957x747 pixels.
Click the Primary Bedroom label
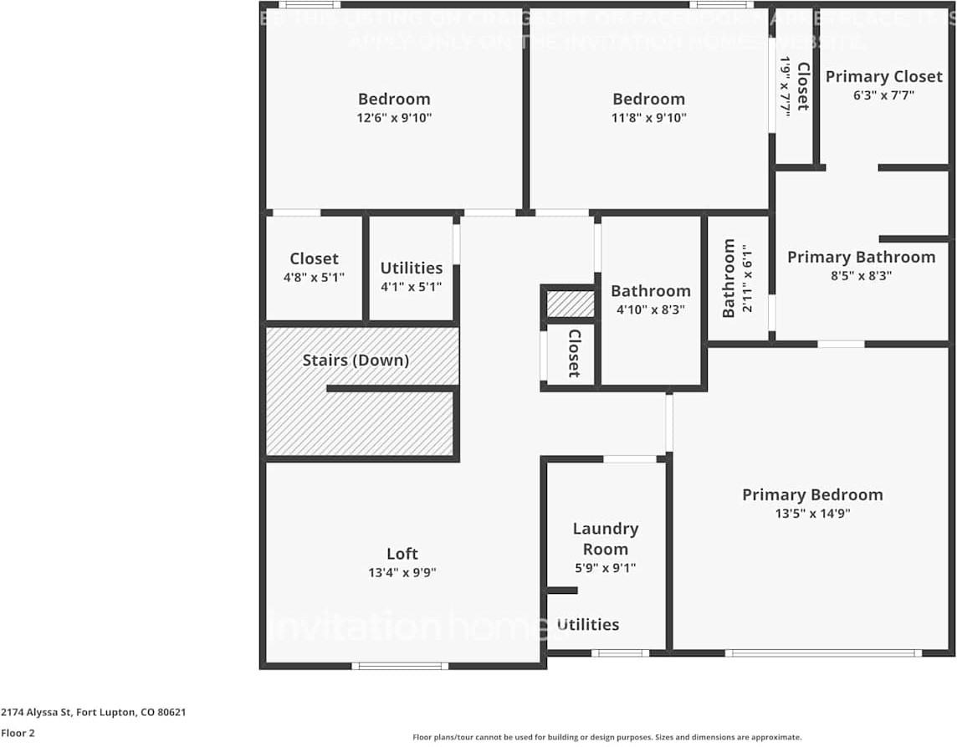pos(811,494)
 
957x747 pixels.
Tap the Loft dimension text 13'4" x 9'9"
pos(402,573)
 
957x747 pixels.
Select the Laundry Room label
pos(605,539)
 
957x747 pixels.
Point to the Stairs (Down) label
pos(356,361)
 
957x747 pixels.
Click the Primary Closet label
pos(883,76)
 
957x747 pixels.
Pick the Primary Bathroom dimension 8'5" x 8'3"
pos(859,275)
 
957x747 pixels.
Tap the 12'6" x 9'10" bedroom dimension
pos(394,118)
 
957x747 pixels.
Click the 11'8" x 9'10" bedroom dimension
pos(648,118)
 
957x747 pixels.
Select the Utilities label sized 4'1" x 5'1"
pos(411,268)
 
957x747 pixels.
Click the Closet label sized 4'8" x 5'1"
pos(314,258)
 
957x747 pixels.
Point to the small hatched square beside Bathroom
pos(570,304)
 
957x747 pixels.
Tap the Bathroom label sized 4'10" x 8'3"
pos(650,291)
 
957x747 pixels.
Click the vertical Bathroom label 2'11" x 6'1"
pos(729,278)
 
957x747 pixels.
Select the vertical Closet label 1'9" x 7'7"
pos(802,86)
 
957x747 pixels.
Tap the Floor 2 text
pos(18,734)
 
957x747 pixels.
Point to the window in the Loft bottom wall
pos(400,666)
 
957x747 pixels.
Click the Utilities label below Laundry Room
pos(588,625)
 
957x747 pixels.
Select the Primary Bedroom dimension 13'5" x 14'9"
pos(811,514)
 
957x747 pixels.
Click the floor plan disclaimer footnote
pos(606,737)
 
